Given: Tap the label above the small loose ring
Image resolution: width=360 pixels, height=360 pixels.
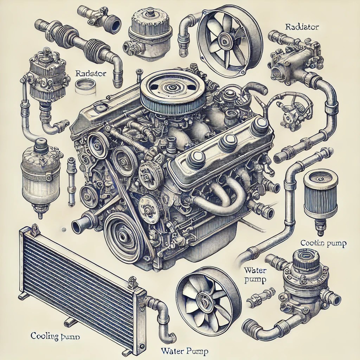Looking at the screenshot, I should [86, 74].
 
